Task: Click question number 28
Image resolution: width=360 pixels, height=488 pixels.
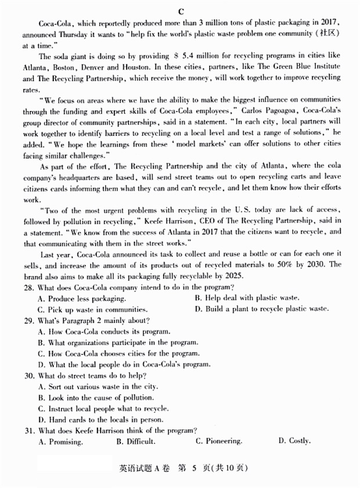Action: pos(27,288)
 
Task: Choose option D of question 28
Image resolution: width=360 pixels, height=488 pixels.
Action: pos(262,308)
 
